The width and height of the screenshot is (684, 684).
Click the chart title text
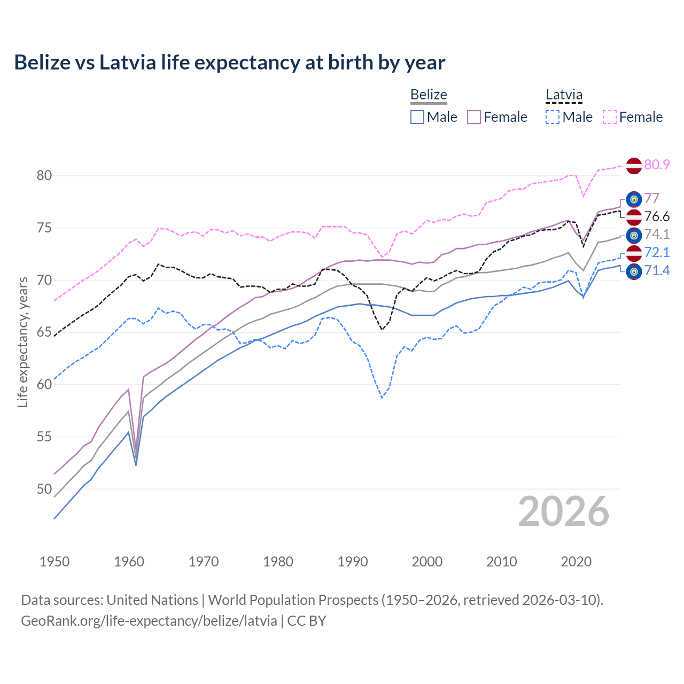pos(229,63)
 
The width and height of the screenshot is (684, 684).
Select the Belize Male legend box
pos(417,117)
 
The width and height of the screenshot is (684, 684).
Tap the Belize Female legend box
pos(474,117)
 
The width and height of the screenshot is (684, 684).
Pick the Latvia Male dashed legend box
pos(553,117)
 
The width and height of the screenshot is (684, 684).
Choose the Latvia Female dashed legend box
pos(610,117)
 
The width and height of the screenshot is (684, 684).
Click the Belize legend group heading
pos(429,95)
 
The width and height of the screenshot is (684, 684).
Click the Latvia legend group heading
pos(564,95)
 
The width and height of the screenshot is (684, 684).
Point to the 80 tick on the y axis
pos(44,176)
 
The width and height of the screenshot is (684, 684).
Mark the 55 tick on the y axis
pos(44,437)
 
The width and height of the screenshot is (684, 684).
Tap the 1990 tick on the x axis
pos(353,562)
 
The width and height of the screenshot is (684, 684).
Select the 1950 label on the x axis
pos(55,562)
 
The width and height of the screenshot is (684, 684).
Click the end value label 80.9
pos(657,165)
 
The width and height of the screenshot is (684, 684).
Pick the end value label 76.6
pos(657,216)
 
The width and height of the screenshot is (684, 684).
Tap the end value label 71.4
pos(657,271)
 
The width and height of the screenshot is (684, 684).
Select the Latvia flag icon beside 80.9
pos(634,166)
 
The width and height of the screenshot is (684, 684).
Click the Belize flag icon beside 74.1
pos(634,235)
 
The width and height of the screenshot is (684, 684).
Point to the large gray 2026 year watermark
pos(563,511)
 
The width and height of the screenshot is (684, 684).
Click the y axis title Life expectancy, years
pos(23,342)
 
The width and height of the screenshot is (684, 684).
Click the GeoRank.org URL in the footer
pos(149,621)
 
